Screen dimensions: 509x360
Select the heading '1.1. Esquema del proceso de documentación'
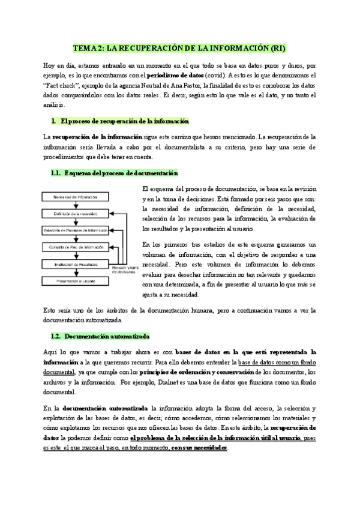pos(115,173)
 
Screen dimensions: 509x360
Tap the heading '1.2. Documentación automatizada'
pos(101,336)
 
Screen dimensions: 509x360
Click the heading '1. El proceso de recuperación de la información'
pos(121,121)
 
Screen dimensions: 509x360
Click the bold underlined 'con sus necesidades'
pos(199,448)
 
